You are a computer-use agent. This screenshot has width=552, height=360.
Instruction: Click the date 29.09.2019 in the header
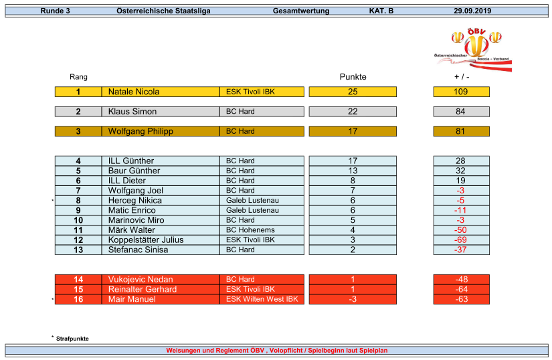click(472, 11)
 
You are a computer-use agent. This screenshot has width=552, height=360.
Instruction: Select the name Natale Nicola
click(134, 92)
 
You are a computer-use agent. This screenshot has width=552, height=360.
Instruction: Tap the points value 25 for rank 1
click(353, 92)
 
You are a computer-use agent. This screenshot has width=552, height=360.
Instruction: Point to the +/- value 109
click(460, 92)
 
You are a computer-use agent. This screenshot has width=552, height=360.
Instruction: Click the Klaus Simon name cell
click(132, 112)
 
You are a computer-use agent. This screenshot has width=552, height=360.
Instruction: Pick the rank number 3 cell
click(78, 131)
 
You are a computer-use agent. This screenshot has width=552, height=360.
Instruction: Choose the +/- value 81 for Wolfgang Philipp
click(460, 131)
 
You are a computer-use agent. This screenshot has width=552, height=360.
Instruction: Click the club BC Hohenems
click(250, 230)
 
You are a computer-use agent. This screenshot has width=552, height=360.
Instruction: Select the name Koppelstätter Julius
click(146, 240)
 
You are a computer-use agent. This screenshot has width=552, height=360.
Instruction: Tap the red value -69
click(460, 240)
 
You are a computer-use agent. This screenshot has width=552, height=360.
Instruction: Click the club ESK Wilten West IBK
click(262, 299)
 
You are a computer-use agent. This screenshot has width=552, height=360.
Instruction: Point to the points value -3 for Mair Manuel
click(353, 299)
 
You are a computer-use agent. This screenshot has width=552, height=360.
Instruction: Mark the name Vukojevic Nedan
click(141, 280)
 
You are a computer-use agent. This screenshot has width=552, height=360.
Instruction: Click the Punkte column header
click(353, 77)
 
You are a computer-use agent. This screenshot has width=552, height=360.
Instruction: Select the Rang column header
click(78, 77)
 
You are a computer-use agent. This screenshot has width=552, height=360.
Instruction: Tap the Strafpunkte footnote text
click(72, 339)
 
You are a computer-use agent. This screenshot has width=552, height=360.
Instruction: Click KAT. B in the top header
click(381, 11)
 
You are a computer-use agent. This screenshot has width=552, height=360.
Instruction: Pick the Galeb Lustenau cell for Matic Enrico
click(252, 210)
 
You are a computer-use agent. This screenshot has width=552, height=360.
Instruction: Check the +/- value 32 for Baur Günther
click(460, 171)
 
